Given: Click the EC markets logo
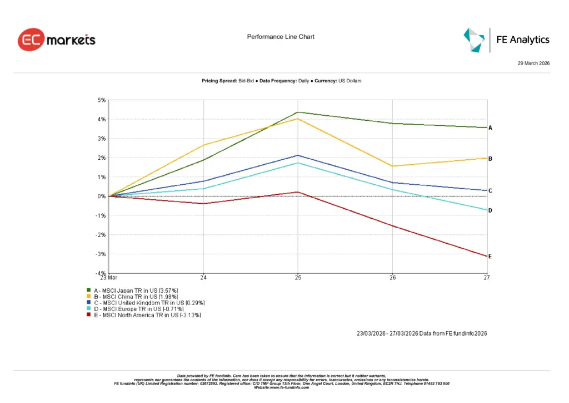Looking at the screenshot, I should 57,40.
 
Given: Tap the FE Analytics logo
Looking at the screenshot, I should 506,40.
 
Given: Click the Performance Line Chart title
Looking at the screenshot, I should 281,37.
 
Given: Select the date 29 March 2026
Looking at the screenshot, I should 533,63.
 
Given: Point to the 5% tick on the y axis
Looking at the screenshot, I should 102,100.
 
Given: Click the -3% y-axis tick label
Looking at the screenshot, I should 101,254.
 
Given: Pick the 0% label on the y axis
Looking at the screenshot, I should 102,196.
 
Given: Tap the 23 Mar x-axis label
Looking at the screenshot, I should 108,277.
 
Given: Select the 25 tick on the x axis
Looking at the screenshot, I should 298,277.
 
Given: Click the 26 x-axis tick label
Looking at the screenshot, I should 392,277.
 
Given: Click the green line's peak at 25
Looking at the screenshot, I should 298,112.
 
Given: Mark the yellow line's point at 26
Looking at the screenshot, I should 392,166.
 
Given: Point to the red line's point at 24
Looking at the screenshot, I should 203,204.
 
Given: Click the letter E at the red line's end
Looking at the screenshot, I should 490,257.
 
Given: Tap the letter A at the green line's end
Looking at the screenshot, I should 490,128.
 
